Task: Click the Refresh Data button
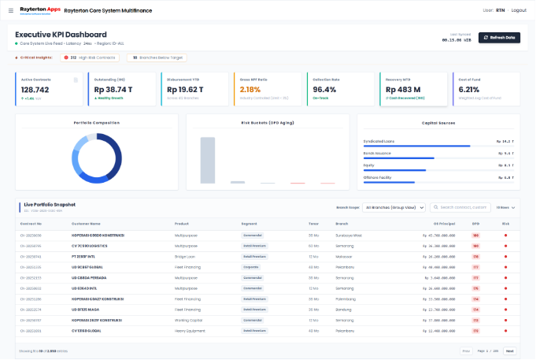(499, 38)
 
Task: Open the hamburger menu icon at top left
(10, 10)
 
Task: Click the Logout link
(518, 10)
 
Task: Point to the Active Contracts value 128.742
(35, 91)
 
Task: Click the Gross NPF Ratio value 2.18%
(250, 91)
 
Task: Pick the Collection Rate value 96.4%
(325, 91)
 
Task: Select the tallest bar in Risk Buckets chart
(208, 160)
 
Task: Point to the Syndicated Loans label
(379, 141)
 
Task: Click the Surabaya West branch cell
(347, 236)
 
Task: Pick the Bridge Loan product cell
(187, 257)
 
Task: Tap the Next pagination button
(509, 351)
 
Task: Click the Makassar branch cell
(342, 257)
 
